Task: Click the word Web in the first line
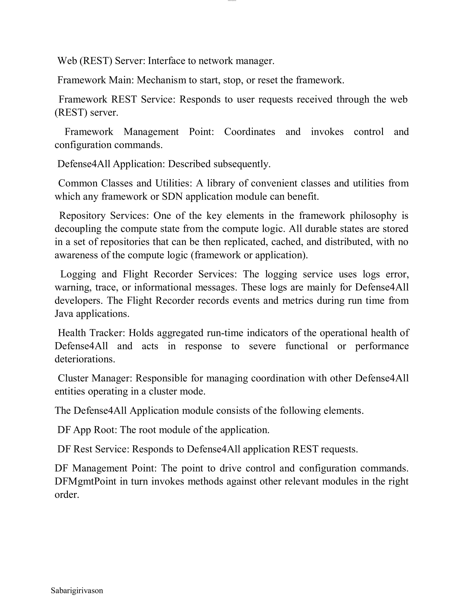point(67,61)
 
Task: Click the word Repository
point(82,216)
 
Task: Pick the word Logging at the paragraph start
point(78,274)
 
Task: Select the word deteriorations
point(85,359)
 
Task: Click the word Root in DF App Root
point(105,430)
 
